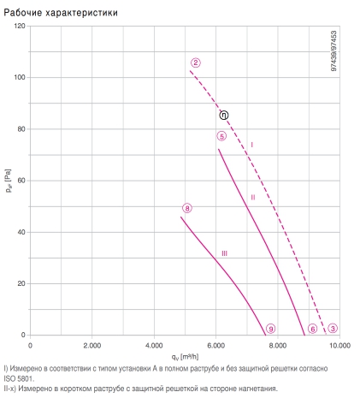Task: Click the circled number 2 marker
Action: point(196,62)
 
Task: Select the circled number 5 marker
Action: point(221,136)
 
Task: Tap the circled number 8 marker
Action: point(187,208)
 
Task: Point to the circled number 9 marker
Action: point(270,329)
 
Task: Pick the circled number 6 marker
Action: point(313,329)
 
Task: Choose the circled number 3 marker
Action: point(333,329)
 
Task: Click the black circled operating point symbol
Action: point(224,116)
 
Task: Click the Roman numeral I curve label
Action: point(251,145)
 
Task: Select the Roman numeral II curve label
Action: point(253,198)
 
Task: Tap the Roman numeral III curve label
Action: point(224,253)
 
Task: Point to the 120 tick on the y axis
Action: point(20,26)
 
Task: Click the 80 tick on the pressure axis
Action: point(21,129)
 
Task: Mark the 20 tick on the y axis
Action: point(21,283)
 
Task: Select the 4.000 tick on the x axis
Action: point(154,346)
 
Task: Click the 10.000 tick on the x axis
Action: point(339,346)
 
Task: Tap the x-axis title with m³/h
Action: point(185,357)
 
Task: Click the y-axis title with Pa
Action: point(9,181)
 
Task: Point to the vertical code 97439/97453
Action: point(333,50)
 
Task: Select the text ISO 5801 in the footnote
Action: point(19,378)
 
